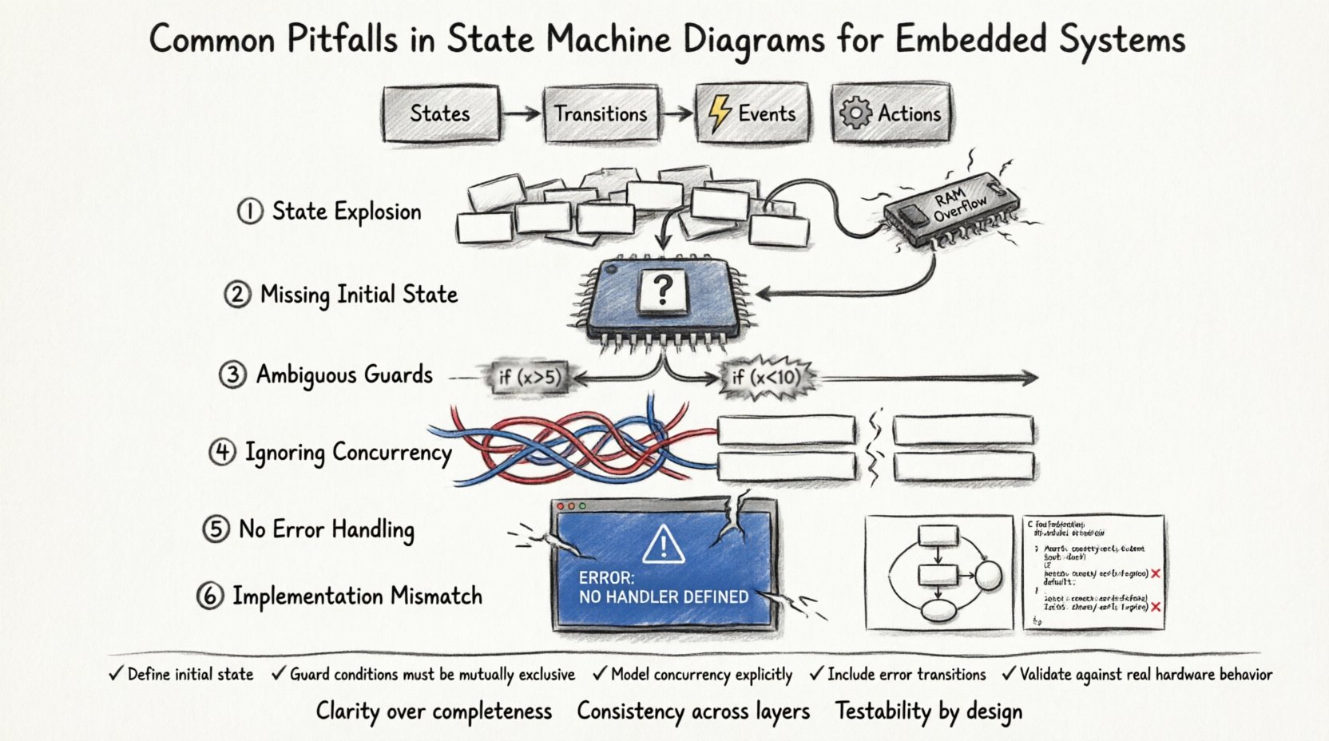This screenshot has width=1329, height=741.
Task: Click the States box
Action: (x=440, y=114)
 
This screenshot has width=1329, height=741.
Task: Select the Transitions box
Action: (x=601, y=114)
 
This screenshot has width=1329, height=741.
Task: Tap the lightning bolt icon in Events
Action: (x=720, y=113)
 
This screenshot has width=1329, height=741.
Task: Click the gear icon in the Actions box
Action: (x=855, y=113)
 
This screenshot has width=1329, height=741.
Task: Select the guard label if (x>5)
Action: (x=530, y=376)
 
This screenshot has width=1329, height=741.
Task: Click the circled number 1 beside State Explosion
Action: (x=249, y=212)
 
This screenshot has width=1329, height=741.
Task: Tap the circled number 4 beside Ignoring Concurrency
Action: (x=222, y=453)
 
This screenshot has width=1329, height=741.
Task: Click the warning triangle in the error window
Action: (x=663, y=545)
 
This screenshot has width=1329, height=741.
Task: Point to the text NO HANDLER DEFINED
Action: (x=663, y=596)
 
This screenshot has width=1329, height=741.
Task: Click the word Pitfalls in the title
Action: (x=342, y=40)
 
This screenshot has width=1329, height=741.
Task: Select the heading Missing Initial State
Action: (x=359, y=295)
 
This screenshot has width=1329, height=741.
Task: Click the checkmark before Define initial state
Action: (x=117, y=674)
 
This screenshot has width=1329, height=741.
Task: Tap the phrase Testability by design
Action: (x=928, y=711)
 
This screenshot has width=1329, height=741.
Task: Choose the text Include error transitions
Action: (x=906, y=675)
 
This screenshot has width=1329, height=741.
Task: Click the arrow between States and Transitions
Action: (x=522, y=114)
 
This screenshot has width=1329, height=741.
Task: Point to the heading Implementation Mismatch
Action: (x=357, y=596)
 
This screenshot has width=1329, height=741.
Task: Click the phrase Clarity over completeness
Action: (x=434, y=711)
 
